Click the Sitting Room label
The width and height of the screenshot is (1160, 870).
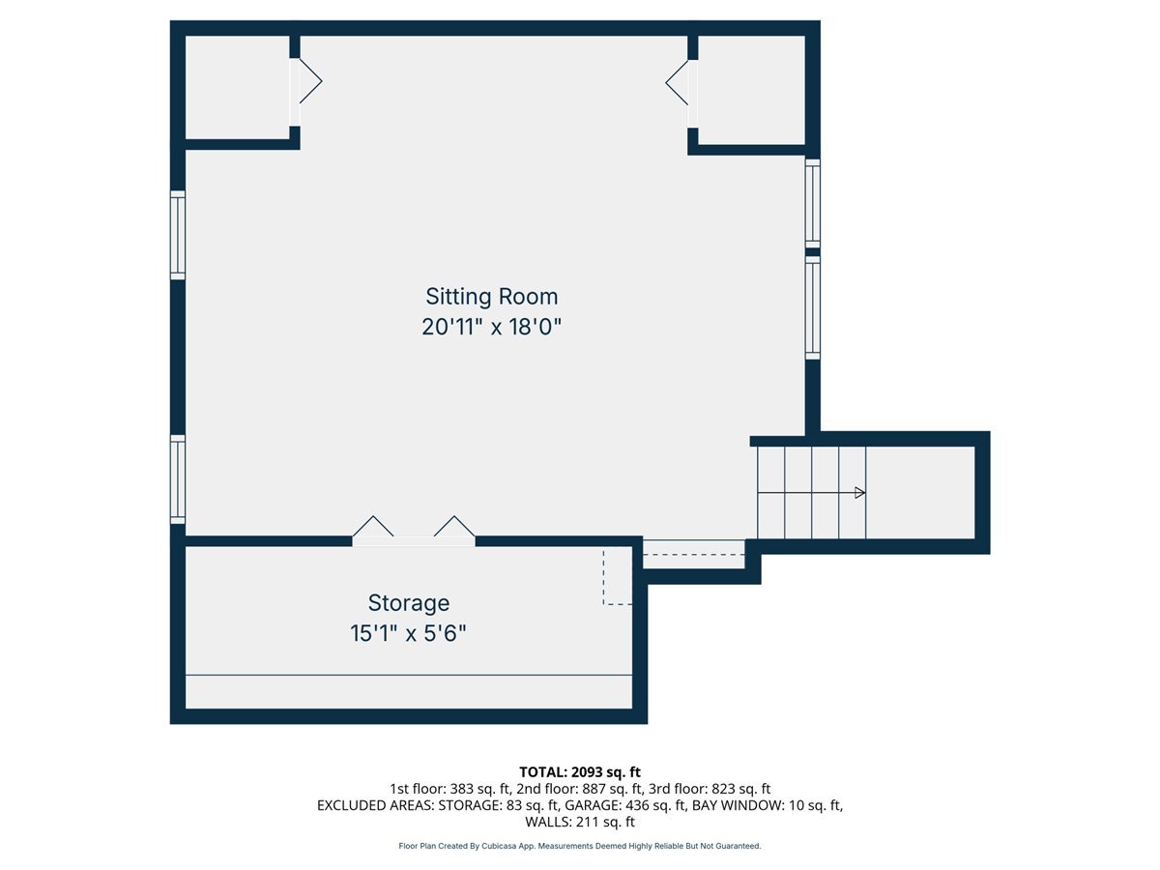click(x=491, y=297)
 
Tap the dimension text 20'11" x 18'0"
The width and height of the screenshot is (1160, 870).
click(x=491, y=327)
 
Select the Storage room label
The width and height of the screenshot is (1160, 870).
click(x=409, y=603)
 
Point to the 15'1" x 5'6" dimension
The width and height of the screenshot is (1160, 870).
click(x=409, y=633)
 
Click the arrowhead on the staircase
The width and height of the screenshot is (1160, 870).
click(x=859, y=493)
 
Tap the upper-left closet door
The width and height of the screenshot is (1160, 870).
click(x=310, y=81)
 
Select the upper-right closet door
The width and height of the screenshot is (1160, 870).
click(x=677, y=82)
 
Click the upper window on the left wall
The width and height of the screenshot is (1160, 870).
click(x=178, y=235)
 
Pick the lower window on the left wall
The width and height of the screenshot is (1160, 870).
click(x=178, y=479)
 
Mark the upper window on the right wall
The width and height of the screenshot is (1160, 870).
click(x=813, y=203)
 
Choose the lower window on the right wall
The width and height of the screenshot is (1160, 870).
click(x=813, y=307)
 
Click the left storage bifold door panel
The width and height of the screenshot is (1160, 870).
click(x=373, y=526)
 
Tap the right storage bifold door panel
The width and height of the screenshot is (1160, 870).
click(x=454, y=526)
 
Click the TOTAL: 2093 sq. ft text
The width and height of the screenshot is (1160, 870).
click(x=580, y=772)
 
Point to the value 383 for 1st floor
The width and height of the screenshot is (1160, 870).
click(x=461, y=789)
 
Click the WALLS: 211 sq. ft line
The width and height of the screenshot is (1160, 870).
click(x=580, y=822)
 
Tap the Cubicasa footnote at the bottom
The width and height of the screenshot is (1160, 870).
click(x=580, y=846)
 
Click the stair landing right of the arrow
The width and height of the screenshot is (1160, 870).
click(x=920, y=493)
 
